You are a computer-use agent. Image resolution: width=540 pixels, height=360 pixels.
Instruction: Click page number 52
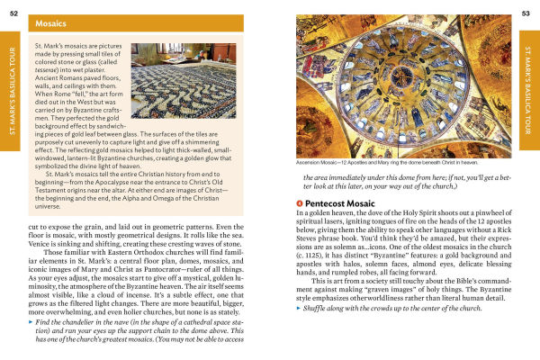[x=14, y=9]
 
